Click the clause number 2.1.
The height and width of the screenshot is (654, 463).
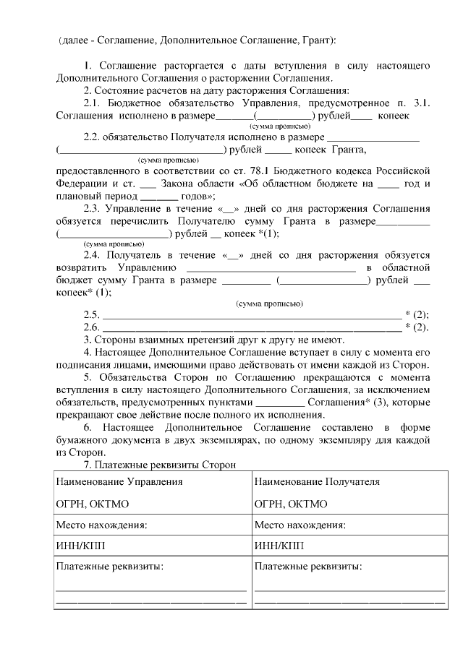tap(93, 103)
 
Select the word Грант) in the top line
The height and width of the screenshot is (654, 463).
tap(318, 39)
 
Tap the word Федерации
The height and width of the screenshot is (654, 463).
tap(80, 184)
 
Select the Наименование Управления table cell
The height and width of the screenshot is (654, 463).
tap(119, 481)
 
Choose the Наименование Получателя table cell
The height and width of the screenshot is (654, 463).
tap(317, 481)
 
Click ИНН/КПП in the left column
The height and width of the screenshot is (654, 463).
tap(79, 546)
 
